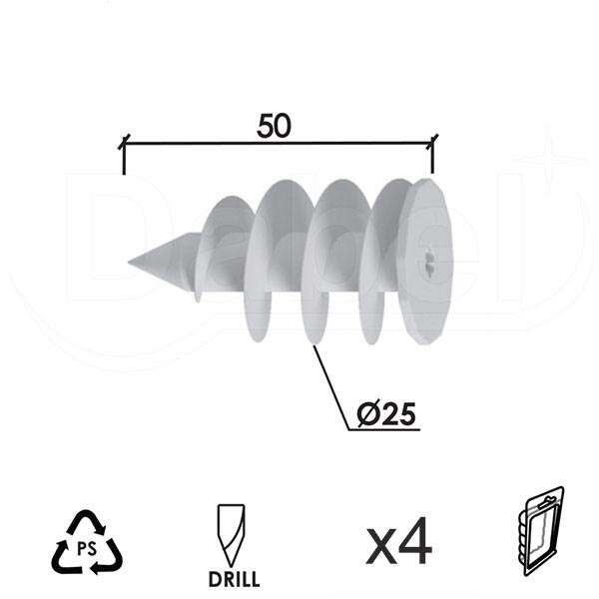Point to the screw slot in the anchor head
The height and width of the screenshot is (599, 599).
tap(428, 262)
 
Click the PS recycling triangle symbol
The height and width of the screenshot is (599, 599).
tap(87, 543)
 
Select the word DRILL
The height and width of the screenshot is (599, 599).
tap(236, 579)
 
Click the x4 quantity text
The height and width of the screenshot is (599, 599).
tap(398, 544)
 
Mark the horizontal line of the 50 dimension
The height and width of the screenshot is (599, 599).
tap(279, 144)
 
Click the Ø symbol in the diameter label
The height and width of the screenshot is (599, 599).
tap(366, 413)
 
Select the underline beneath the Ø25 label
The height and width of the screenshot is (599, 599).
tap(383, 430)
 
